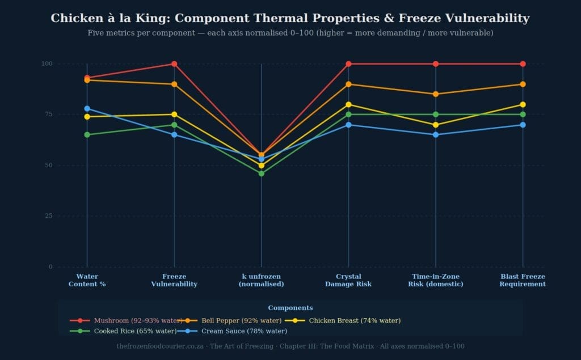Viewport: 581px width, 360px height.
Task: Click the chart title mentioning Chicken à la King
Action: (290, 18)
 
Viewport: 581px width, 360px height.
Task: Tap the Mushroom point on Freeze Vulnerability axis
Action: (174, 63)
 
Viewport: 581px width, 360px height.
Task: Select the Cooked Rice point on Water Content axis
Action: (87, 135)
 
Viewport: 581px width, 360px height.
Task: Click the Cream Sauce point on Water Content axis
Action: (87, 108)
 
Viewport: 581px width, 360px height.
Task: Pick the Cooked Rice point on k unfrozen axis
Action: (261, 173)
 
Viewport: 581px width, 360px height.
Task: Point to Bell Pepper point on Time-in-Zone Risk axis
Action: (436, 94)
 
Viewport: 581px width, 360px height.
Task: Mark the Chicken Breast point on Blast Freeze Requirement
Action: (523, 104)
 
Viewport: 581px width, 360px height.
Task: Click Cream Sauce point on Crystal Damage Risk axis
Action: (348, 125)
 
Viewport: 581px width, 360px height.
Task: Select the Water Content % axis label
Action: (87, 280)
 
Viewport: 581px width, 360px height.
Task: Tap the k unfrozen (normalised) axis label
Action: (261, 280)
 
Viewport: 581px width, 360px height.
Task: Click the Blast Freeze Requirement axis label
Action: (523, 280)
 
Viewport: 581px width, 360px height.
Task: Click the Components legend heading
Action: (290, 308)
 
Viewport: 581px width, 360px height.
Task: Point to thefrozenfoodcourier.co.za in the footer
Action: (161, 346)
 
